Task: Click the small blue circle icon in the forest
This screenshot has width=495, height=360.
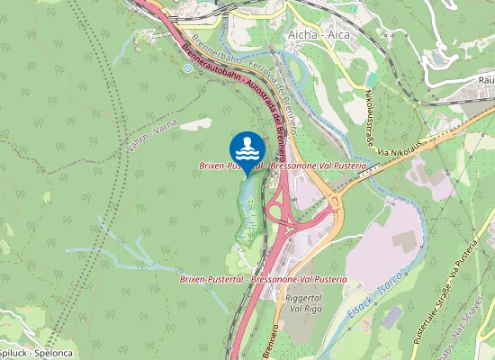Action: click(x=186, y=67)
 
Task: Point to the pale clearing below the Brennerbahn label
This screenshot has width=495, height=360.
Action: click(x=195, y=125)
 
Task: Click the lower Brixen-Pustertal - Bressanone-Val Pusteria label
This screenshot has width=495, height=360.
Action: click(x=263, y=280)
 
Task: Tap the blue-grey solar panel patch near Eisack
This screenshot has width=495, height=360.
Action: click(x=391, y=317)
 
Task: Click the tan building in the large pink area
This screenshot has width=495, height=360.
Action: click(x=402, y=241)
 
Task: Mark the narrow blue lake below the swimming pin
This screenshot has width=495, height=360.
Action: click(x=245, y=202)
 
